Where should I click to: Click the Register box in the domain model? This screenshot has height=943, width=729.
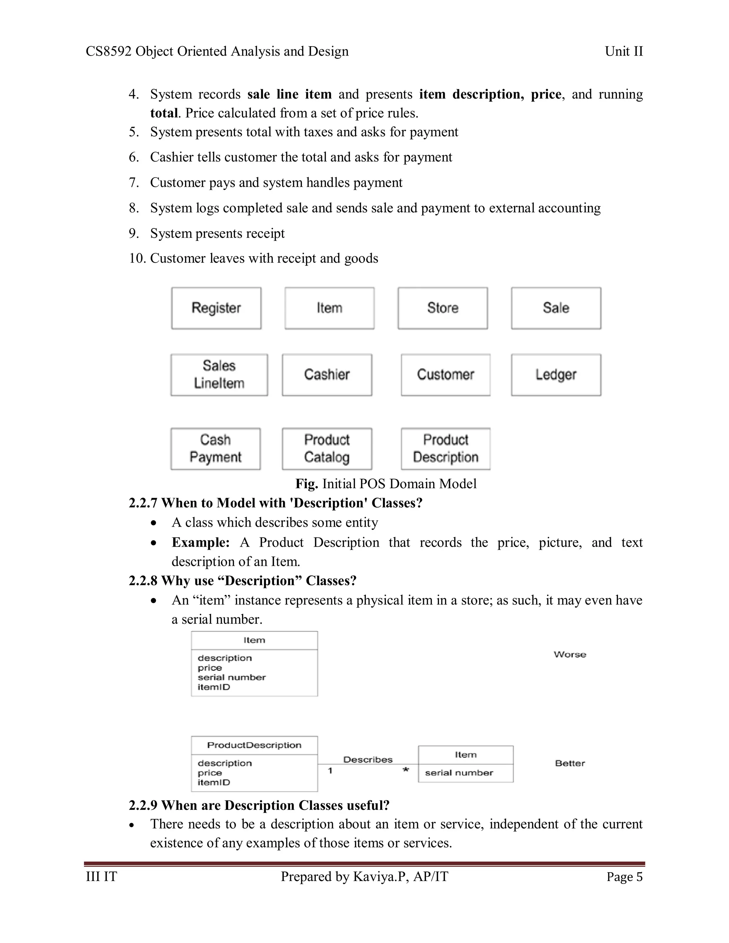pyautogui.click(x=216, y=308)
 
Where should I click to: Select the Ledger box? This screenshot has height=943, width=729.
pyautogui.click(x=556, y=375)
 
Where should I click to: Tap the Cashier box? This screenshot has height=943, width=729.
pyautogui.click(x=327, y=375)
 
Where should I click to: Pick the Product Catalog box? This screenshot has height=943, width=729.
pyautogui.click(x=327, y=449)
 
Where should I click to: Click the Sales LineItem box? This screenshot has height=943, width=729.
pyautogui.click(x=219, y=375)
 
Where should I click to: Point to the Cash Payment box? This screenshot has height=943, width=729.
pyautogui.click(x=215, y=449)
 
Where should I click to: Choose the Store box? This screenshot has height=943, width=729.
pyautogui.click(x=443, y=308)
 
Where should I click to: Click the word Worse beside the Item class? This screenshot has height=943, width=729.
pyautogui.click(x=570, y=654)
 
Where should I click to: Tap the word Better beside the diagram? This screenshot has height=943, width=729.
pyautogui.click(x=570, y=763)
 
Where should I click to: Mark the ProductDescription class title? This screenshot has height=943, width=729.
pyautogui.click(x=254, y=745)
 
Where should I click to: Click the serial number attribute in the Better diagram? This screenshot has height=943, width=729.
pyautogui.click(x=458, y=773)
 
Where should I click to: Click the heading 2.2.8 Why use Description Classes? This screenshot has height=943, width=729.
pyautogui.click(x=242, y=581)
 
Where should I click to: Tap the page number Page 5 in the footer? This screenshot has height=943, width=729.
pyautogui.click(x=624, y=877)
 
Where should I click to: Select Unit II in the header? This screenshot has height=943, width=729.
pyautogui.click(x=624, y=51)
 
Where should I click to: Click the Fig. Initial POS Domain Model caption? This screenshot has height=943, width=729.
pyautogui.click(x=386, y=484)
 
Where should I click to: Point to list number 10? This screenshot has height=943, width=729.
pyautogui.click(x=137, y=258)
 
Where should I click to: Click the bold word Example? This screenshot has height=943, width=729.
pyautogui.click(x=200, y=542)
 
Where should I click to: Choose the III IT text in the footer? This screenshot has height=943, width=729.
pyautogui.click(x=101, y=877)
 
